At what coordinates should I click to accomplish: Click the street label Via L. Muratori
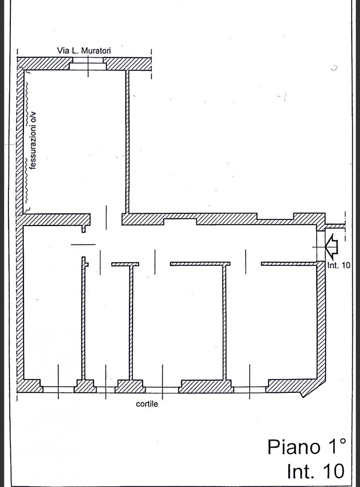pyautogui.click(x=84, y=51)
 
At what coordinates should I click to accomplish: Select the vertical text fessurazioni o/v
pyautogui.click(x=33, y=140)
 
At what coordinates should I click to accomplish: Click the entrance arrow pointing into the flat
pyautogui.click(x=332, y=247)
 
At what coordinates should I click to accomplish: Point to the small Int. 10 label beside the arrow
pyautogui.click(x=339, y=265)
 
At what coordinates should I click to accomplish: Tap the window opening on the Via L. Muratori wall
pyautogui.click(x=88, y=64)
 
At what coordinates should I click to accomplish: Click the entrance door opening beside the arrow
pyautogui.click(x=321, y=246)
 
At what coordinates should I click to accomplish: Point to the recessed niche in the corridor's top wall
pyautogui.click(x=180, y=222)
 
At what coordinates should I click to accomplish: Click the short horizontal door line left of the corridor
pyautogui.click(x=84, y=244)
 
